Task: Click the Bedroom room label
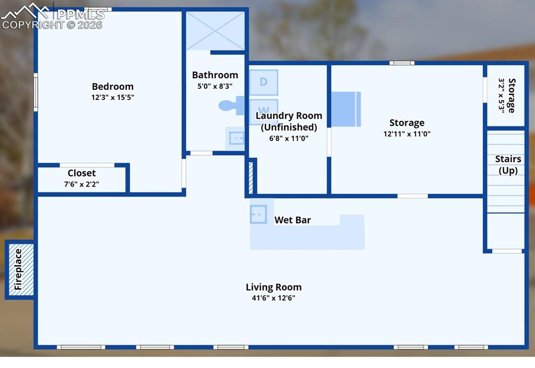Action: pyautogui.click(x=113, y=87)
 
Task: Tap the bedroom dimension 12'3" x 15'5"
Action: pyautogui.click(x=113, y=97)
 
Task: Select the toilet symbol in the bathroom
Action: pyautogui.click(x=230, y=106)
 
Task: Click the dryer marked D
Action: pyautogui.click(x=263, y=82)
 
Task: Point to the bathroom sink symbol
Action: pyautogui.click(x=236, y=138)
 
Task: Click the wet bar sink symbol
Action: pyautogui.click(x=259, y=214)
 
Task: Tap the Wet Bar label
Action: pyautogui.click(x=293, y=220)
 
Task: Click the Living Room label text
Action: pyautogui.click(x=274, y=287)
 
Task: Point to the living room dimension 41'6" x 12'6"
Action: pyautogui.click(x=274, y=298)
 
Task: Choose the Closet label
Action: pyautogui.click(x=82, y=173)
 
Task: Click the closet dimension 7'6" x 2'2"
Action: pyautogui.click(x=82, y=184)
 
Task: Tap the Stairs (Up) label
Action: pyautogui.click(x=508, y=165)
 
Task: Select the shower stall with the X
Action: pyautogui.click(x=215, y=31)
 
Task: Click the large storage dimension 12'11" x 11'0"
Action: pyautogui.click(x=406, y=134)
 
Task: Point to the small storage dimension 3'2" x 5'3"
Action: pyautogui.click(x=502, y=96)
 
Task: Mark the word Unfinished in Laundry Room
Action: pyautogui.click(x=289, y=127)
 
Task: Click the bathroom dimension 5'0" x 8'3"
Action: pyautogui.click(x=215, y=86)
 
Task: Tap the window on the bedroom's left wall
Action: pyautogui.click(x=36, y=92)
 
